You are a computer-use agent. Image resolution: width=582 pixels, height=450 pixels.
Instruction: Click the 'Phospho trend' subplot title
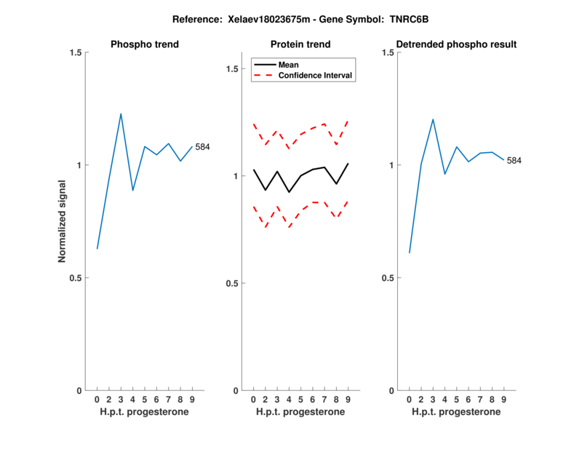tap(145, 44)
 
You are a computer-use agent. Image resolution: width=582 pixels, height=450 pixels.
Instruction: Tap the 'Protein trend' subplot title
tap(300, 44)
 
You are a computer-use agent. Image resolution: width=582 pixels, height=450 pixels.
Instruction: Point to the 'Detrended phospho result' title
tap(456, 44)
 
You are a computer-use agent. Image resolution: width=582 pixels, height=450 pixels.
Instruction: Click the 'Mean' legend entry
tap(289, 65)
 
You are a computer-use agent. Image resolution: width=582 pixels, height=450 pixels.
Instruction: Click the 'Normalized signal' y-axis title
tap(63, 222)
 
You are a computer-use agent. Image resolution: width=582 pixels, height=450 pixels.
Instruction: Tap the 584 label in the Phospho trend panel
tap(202, 147)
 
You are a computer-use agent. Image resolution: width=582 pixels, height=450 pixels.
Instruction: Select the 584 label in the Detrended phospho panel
tap(514, 160)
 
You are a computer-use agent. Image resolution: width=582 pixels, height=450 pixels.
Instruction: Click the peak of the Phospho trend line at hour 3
tap(121, 114)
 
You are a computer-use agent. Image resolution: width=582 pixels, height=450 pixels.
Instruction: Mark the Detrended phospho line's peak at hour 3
tap(433, 119)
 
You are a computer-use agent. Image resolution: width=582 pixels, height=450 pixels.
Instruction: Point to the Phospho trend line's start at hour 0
tap(97, 248)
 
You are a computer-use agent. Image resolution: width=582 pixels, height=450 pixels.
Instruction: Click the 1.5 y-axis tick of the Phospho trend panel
tap(74, 53)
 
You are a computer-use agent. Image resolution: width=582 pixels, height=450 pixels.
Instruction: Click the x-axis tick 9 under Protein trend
tap(348, 400)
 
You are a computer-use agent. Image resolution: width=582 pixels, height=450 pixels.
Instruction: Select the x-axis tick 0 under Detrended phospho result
tap(409, 400)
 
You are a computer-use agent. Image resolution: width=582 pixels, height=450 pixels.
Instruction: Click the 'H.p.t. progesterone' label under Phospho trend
tap(145, 411)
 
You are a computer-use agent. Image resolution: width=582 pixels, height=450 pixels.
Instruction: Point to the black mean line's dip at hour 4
tap(290, 192)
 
